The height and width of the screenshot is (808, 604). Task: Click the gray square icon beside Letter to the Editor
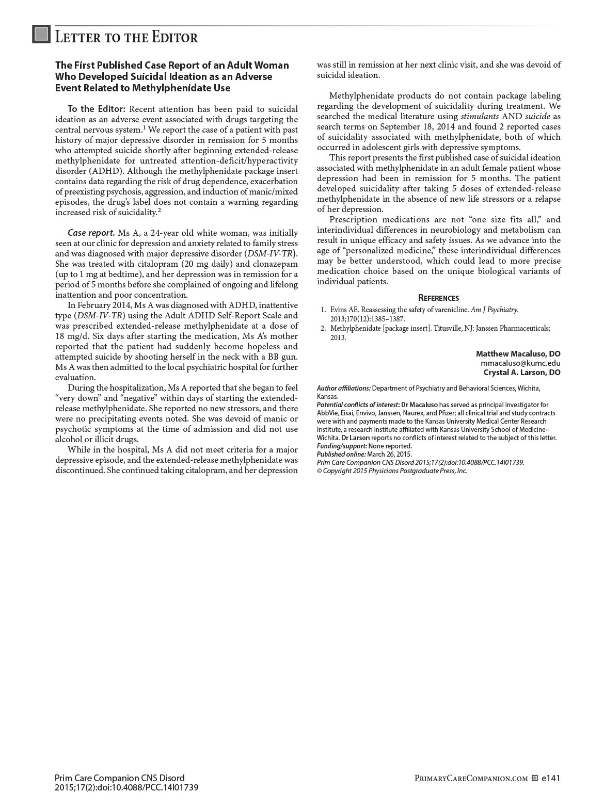click(x=41, y=34)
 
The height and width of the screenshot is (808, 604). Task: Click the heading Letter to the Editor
click(x=126, y=38)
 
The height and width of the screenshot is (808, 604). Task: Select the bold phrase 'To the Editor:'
click(x=97, y=109)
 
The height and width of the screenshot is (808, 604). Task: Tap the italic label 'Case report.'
click(x=91, y=233)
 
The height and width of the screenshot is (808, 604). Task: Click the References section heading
click(x=438, y=298)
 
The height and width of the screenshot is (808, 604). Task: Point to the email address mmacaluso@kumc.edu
click(x=520, y=363)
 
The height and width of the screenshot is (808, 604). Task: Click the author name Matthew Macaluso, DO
click(x=518, y=354)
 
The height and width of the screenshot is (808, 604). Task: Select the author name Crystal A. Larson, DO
click(x=521, y=373)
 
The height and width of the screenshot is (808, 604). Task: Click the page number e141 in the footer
click(x=551, y=778)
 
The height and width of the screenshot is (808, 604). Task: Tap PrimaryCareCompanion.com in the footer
click(x=471, y=779)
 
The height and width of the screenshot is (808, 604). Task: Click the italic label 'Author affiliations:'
click(x=344, y=388)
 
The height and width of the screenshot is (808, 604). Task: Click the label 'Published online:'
click(x=341, y=454)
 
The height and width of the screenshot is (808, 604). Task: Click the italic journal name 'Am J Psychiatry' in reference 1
click(x=494, y=310)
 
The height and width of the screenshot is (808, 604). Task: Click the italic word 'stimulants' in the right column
click(x=480, y=117)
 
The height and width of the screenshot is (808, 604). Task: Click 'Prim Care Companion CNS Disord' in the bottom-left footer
click(x=119, y=778)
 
